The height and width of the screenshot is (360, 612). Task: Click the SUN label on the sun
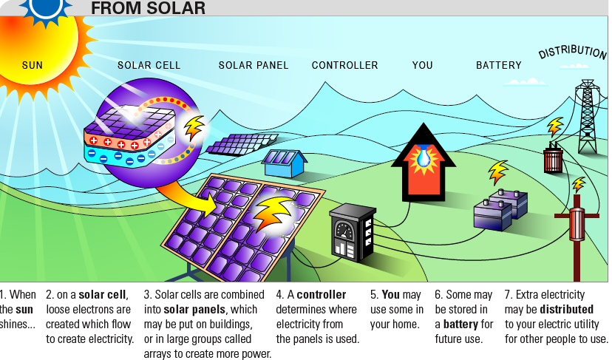[x=33, y=65]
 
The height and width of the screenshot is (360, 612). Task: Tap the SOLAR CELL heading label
[x=149, y=65]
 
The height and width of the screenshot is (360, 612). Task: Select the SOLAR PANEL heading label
[x=254, y=65]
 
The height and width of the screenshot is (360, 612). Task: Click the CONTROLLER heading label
[x=344, y=65]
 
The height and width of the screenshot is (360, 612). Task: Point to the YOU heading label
[x=423, y=65]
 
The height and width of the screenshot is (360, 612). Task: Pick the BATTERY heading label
[x=498, y=65]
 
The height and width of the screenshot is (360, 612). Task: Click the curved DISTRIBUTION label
[x=572, y=52]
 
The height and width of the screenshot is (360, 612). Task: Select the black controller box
[x=351, y=231]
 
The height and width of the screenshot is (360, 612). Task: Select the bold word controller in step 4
[x=321, y=295]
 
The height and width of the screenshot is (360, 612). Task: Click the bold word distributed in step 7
[x=566, y=309]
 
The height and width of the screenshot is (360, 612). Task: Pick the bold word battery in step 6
[x=461, y=324]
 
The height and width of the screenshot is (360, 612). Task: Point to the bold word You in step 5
[x=391, y=295]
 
